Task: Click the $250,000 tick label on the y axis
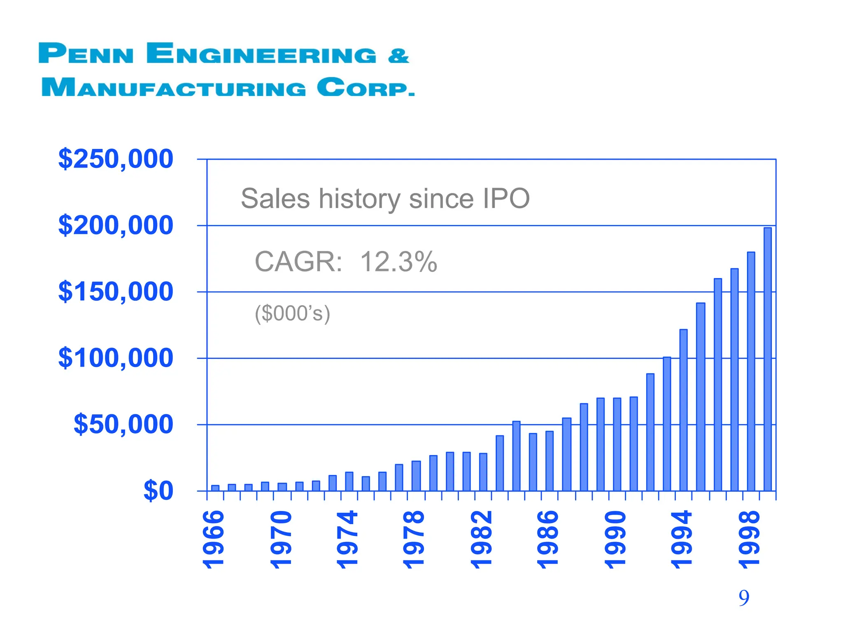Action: point(116,159)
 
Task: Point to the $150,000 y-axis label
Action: point(116,292)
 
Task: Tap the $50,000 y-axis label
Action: point(123,424)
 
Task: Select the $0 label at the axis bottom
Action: point(158,491)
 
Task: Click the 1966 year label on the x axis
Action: point(214,539)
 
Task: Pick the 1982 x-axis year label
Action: point(482,539)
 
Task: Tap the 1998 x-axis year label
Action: point(749,539)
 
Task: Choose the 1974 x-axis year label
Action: point(348,539)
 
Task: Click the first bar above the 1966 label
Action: point(215,488)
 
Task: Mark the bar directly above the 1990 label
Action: point(617,444)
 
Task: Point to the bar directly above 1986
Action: point(550,461)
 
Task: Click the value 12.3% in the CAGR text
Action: point(398,262)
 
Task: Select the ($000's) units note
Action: point(292,314)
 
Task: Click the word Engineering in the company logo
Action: point(261,54)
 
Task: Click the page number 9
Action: point(744,598)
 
